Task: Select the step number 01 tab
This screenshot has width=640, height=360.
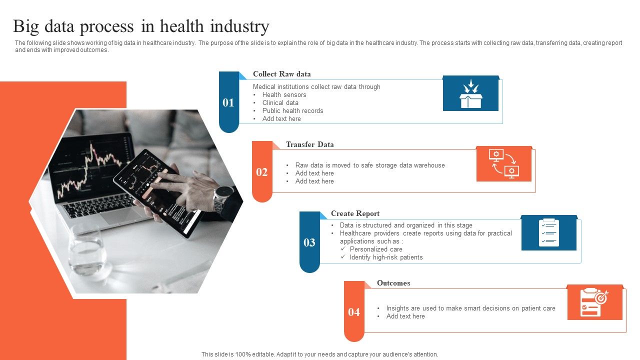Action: (x=228, y=102)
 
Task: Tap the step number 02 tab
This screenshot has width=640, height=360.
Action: (x=262, y=172)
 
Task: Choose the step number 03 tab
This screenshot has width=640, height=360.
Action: (x=309, y=242)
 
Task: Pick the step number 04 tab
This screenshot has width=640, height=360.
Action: (x=354, y=312)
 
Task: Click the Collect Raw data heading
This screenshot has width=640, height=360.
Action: (x=281, y=74)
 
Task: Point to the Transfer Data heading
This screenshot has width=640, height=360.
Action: (x=309, y=144)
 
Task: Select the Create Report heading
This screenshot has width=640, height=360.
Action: (x=355, y=213)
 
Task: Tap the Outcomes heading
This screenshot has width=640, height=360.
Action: (x=393, y=283)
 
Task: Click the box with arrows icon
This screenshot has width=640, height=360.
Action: (x=470, y=93)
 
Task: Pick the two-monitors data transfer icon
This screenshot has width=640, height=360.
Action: (x=503, y=163)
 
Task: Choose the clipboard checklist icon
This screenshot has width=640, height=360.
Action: (x=548, y=233)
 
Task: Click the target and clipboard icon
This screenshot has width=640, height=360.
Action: (x=594, y=302)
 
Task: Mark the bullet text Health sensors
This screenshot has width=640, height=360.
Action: (x=284, y=95)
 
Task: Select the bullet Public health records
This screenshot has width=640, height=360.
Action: (x=292, y=111)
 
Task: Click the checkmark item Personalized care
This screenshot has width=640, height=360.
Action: (x=376, y=249)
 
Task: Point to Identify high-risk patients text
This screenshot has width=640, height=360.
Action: (x=386, y=257)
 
